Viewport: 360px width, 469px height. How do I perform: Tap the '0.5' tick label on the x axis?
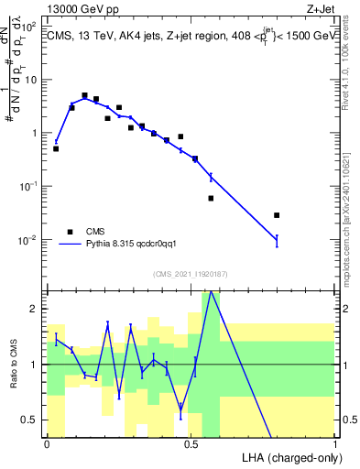coord(191,444)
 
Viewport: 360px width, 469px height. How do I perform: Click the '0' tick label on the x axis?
coord(47,444)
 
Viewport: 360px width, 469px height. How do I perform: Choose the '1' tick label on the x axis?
coord(334,444)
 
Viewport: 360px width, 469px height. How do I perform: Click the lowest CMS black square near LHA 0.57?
coord(211,198)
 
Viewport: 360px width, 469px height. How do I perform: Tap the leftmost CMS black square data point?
coord(56,148)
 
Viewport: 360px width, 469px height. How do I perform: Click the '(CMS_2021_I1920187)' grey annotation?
coord(190,274)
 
